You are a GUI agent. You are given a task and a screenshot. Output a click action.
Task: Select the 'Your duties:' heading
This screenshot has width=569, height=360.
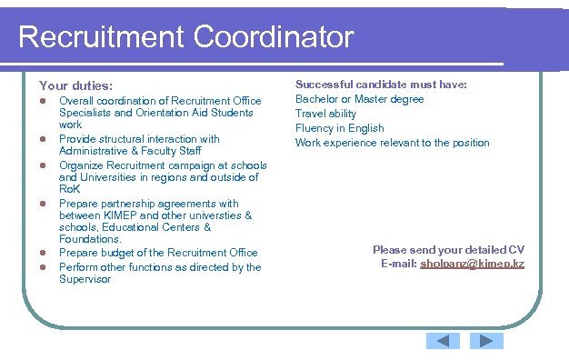click(x=75, y=85)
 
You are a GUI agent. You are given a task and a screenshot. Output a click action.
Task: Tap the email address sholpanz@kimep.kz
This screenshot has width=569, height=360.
click(x=472, y=264)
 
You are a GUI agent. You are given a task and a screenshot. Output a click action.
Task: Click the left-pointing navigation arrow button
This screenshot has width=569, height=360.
click(x=443, y=341)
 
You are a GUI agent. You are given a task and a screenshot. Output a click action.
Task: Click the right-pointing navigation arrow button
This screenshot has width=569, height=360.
click(x=486, y=341)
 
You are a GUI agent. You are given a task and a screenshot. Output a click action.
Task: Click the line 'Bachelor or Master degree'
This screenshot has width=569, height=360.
click(x=359, y=99)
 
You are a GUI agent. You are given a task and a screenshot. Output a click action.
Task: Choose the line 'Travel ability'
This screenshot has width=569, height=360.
click(x=325, y=114)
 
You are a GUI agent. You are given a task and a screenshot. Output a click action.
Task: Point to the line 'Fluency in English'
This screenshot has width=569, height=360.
click(x=339, y=128)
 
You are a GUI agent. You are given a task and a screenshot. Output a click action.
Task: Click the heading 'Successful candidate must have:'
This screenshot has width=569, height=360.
click(x=381, y=85)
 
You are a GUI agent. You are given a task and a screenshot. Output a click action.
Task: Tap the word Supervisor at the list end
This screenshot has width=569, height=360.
click(x=85, y=279)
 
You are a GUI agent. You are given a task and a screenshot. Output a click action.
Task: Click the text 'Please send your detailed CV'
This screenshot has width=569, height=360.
click(x=448, y=250)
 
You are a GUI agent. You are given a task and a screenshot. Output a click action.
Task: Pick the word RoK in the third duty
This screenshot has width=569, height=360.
click(x=70, y=189)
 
